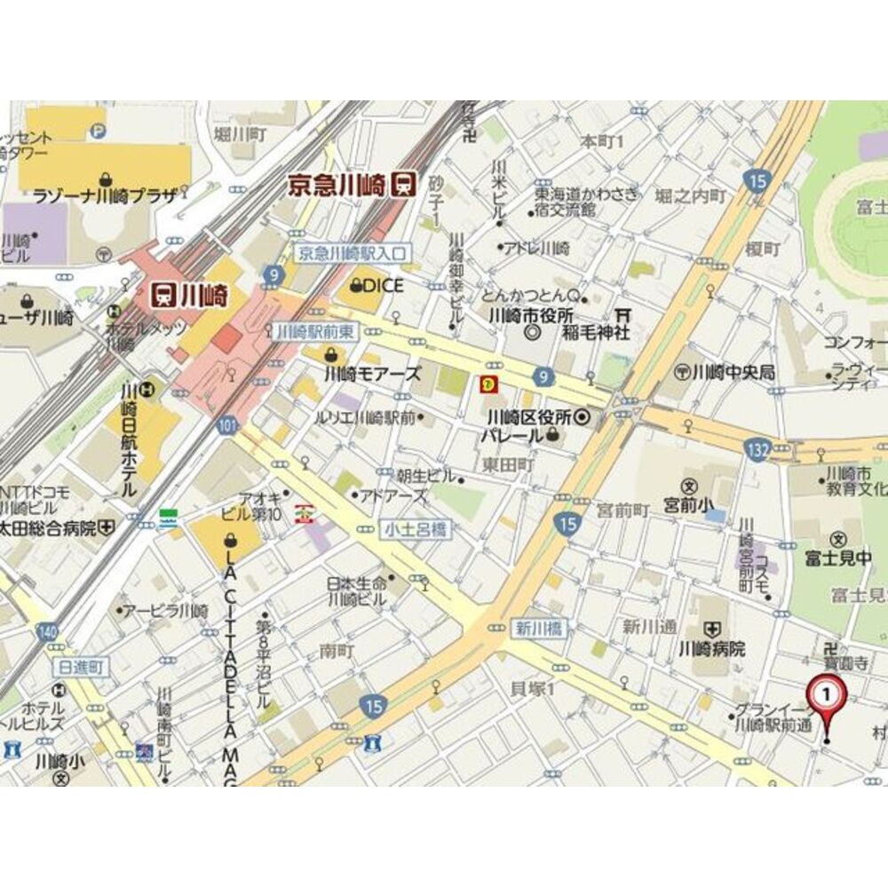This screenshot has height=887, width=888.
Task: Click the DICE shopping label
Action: (377, 286)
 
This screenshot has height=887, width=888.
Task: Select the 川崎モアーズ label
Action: (373, 374)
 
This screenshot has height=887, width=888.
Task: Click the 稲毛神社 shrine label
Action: (597, 333)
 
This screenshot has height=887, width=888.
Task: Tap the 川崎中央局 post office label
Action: (733, 371)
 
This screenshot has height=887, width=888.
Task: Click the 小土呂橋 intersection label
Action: (416, 530)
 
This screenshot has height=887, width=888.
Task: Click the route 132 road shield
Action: (757, 451)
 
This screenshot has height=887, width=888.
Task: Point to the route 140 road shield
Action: (49, 632)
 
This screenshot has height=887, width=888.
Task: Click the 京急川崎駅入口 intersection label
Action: (352, 253)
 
